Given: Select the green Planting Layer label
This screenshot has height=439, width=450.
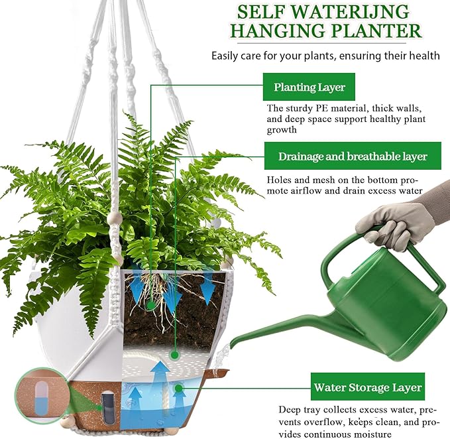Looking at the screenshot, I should pos(309,87).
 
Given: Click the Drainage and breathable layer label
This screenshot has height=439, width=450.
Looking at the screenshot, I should pos(352,157).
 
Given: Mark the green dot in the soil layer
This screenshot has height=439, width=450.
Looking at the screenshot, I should pos(151,305).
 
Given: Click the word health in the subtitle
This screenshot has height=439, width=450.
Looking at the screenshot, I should pos(423,56).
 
